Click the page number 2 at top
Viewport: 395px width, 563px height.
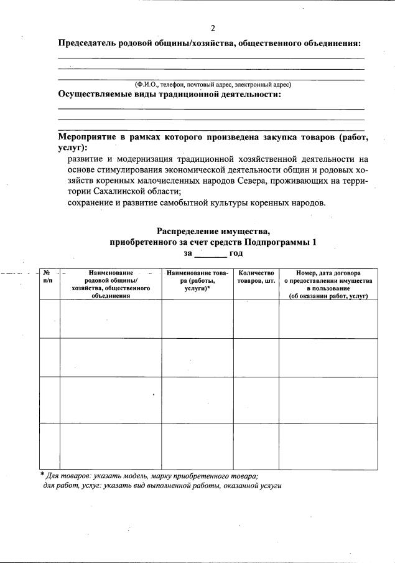[213, 28]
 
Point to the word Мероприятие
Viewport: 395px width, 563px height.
[88, 136]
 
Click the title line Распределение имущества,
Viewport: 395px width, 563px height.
[213, 232]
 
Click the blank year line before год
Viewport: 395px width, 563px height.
[211, 253]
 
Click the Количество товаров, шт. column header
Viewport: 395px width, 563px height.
[256, 277]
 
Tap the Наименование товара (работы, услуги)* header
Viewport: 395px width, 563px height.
[197, 281]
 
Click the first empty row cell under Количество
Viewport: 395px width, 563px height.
[256, 319]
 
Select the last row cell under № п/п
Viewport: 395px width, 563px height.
[48, 445]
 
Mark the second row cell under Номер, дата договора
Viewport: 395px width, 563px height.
[328, 357]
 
